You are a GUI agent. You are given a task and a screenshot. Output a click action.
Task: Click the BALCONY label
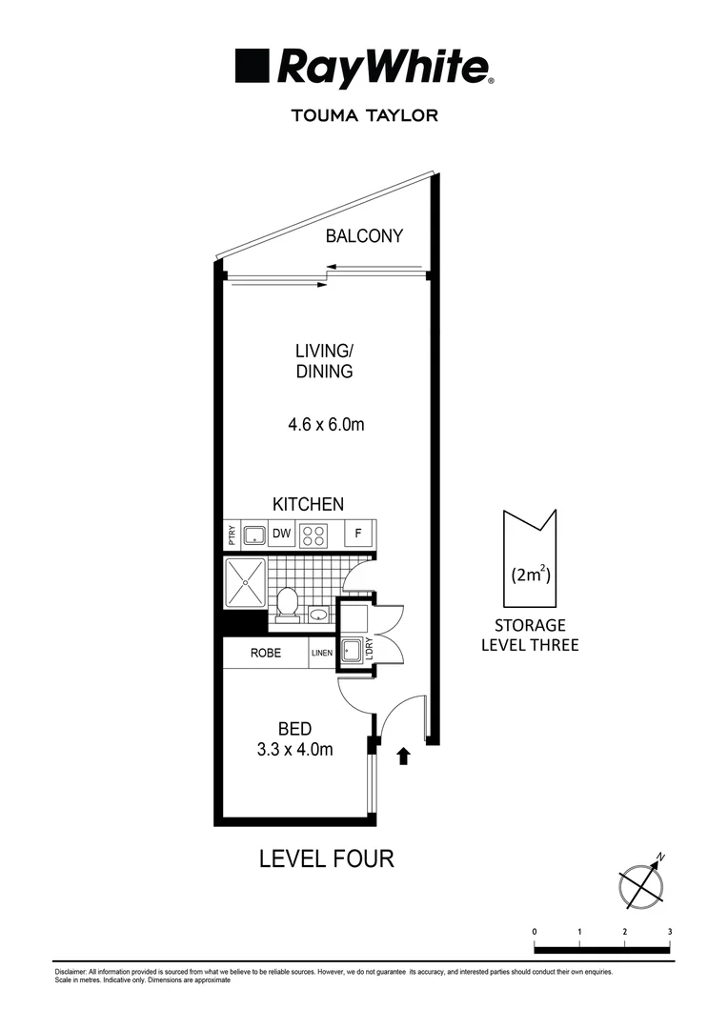click(x=364, y=236)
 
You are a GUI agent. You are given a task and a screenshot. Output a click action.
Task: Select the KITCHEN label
click(x=308, y=504)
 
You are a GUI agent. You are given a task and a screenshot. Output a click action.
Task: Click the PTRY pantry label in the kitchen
click(x=231, y=535)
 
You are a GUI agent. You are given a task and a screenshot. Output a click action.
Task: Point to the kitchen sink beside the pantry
click(x=254, y=535)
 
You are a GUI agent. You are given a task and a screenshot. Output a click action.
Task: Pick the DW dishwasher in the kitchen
click(x=281, y=535)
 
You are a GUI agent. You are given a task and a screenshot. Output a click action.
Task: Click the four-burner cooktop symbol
click(x=313, y=535)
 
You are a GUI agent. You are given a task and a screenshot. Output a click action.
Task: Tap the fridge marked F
click(x=358, y=535)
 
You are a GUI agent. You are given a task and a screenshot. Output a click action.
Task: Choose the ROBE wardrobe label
click(x=265, y=654)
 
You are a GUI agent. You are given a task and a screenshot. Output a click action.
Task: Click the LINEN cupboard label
click(x=321, y=654)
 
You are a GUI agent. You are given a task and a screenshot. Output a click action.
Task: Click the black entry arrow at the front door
click(x=403, y=757)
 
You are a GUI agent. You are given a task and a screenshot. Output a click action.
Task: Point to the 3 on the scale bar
click(x=670, y=931)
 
